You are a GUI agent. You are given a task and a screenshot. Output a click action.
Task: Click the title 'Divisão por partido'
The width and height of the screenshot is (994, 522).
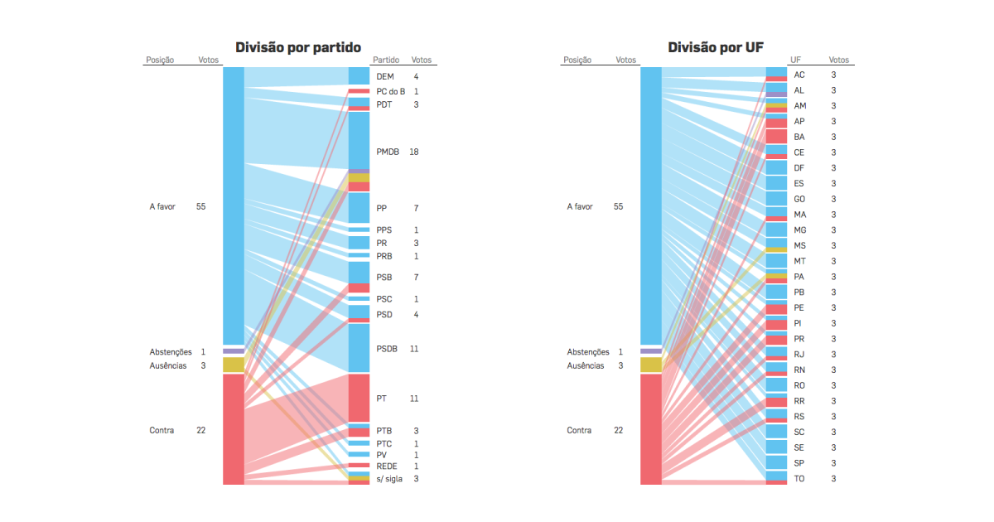(298, 47)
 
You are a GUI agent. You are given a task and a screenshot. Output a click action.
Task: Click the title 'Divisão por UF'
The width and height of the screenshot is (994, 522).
(716, 47)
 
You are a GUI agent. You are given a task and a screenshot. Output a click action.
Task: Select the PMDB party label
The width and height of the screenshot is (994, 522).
(388, 152)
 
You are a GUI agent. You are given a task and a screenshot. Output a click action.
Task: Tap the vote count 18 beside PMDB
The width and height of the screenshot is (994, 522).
(413, 152)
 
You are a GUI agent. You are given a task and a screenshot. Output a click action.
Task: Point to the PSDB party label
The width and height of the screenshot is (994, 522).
(388, 349)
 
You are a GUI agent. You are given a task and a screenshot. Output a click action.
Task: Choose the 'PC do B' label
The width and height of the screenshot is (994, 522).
(391, 91)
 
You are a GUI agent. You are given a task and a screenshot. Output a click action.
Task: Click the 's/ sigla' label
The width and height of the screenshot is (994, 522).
(389, 479)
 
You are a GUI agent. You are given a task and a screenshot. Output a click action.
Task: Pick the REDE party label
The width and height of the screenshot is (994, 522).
(387, 466)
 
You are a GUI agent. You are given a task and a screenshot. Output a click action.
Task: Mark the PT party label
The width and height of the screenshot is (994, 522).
(381, 399)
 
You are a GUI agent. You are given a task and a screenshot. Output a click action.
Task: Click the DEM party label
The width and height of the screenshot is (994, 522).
(385, 77)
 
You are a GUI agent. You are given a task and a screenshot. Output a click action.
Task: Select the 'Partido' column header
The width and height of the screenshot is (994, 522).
(386, 60)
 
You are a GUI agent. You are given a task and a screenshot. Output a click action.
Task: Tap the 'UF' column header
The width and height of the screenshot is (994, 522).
(795, 60)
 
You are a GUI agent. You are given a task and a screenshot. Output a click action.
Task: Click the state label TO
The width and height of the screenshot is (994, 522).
(799, 479)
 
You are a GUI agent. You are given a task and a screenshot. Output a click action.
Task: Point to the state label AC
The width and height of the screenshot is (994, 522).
(799, 75)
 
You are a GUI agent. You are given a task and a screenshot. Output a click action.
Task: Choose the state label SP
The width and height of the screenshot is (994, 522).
(799, 463)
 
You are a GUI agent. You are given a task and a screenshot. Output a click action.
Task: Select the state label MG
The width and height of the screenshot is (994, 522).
(800, 230)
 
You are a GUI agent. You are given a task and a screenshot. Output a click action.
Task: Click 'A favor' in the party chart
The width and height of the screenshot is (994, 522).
(162, 206)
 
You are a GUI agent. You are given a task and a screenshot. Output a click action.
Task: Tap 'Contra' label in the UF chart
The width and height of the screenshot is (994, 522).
(579, 430)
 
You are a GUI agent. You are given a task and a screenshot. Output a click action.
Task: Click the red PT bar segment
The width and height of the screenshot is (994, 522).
(359, 398)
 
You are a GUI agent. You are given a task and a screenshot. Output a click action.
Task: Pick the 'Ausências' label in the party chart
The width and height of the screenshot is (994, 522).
(168, 365)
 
